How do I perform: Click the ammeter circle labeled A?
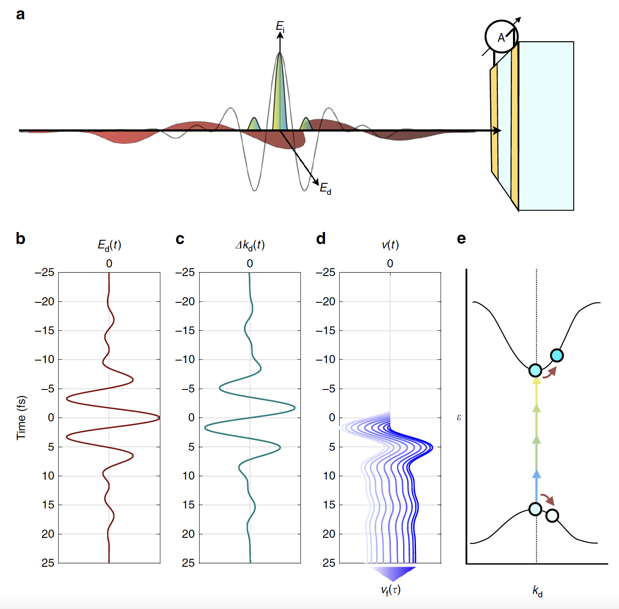click(501, 37)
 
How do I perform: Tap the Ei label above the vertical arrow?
click(280, 26)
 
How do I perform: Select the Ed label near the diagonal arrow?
click(325, 188)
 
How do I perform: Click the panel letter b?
click(20, 239)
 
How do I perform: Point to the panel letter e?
click(461, 239)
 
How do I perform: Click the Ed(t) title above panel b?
click(109, 245)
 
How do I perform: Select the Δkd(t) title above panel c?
click(250, 245)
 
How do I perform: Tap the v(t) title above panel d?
click(390, 245)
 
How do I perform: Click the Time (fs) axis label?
click(21, 418)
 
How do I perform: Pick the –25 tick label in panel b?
click(45, 273)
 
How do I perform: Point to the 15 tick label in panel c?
click(188, 505)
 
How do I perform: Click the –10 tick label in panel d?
click(326, 359)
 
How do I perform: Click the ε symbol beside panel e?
click(459, 417)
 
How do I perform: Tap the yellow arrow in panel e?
click(536, 390)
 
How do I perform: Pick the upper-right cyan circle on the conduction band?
click(557, 355)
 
